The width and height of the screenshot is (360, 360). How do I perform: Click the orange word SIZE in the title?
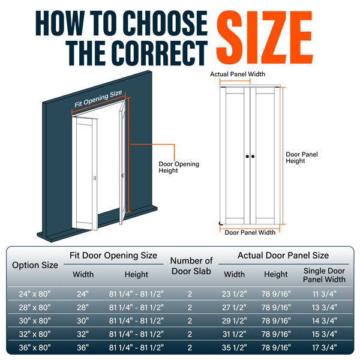pos(264,37)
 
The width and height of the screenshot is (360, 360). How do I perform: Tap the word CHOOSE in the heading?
pos(166,23)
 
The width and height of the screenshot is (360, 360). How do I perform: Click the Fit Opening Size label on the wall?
pos(98,99)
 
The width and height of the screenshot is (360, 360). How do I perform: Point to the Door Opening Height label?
pos(179,167)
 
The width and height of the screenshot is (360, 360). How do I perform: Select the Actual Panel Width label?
pos(238,74)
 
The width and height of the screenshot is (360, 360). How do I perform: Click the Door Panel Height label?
pos(302,157)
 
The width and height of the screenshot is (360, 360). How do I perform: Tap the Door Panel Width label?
pos(250,233)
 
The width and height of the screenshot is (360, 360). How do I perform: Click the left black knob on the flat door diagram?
pos(247,157)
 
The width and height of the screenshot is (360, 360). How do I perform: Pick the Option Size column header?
pos(35,265)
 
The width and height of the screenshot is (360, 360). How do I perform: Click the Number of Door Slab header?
pos(191,266)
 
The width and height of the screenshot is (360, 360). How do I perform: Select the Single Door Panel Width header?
pos(324,275)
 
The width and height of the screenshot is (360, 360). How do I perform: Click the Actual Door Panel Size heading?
pos(283,256)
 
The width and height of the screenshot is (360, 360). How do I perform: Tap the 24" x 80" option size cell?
pos(35,294)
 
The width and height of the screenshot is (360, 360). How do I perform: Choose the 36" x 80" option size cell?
pos(35,347)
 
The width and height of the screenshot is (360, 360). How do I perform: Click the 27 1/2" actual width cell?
pos(234,307)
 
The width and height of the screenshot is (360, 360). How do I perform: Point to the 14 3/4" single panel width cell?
pos(325,321)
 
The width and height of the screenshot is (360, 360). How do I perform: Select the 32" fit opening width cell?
pos(83,334)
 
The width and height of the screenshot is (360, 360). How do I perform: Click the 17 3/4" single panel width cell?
pos(325,347)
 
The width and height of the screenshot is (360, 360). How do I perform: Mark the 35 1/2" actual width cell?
pos(234,347)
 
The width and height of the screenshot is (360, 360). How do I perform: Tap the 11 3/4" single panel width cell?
pos(325,294)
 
